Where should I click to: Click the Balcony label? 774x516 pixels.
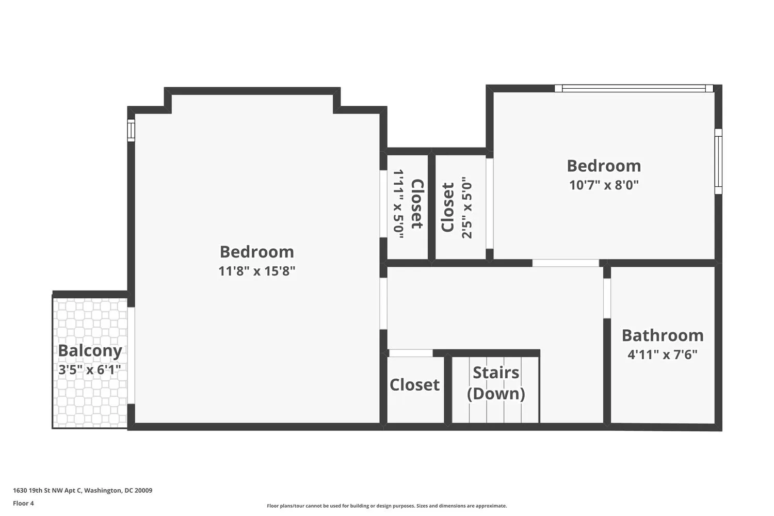coord(90,350)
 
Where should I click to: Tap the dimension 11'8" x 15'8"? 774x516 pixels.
coord(256,271)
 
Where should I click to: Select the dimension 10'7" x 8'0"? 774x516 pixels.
coord(604,185)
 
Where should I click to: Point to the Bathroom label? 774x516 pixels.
coord(663,335)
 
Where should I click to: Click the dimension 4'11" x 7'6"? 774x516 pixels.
coord(663,355)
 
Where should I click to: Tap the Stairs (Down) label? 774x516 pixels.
coord(496,383)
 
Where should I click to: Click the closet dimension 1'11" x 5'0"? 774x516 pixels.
coord(398,204)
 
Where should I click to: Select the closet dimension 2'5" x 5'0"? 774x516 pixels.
coord(466,208)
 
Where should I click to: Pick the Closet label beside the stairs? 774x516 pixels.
coord(414,385)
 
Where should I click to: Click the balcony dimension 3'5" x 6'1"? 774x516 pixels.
coord(90,369)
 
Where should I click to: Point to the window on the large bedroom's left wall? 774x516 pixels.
coord(131,130)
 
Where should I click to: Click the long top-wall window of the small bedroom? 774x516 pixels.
coord(634,88)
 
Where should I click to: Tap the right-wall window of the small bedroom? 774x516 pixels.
coord(718,161)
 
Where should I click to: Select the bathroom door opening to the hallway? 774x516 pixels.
coord(607,298)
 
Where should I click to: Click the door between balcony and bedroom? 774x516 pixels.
coord(131,355)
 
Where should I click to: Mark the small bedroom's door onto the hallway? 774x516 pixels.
coord(566,263)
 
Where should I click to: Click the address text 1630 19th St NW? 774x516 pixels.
coord(83,491)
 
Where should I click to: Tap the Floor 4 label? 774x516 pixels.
coord(23,504)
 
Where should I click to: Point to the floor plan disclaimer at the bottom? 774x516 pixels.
coord(386,506)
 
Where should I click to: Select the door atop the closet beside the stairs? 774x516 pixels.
coord(410,353)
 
